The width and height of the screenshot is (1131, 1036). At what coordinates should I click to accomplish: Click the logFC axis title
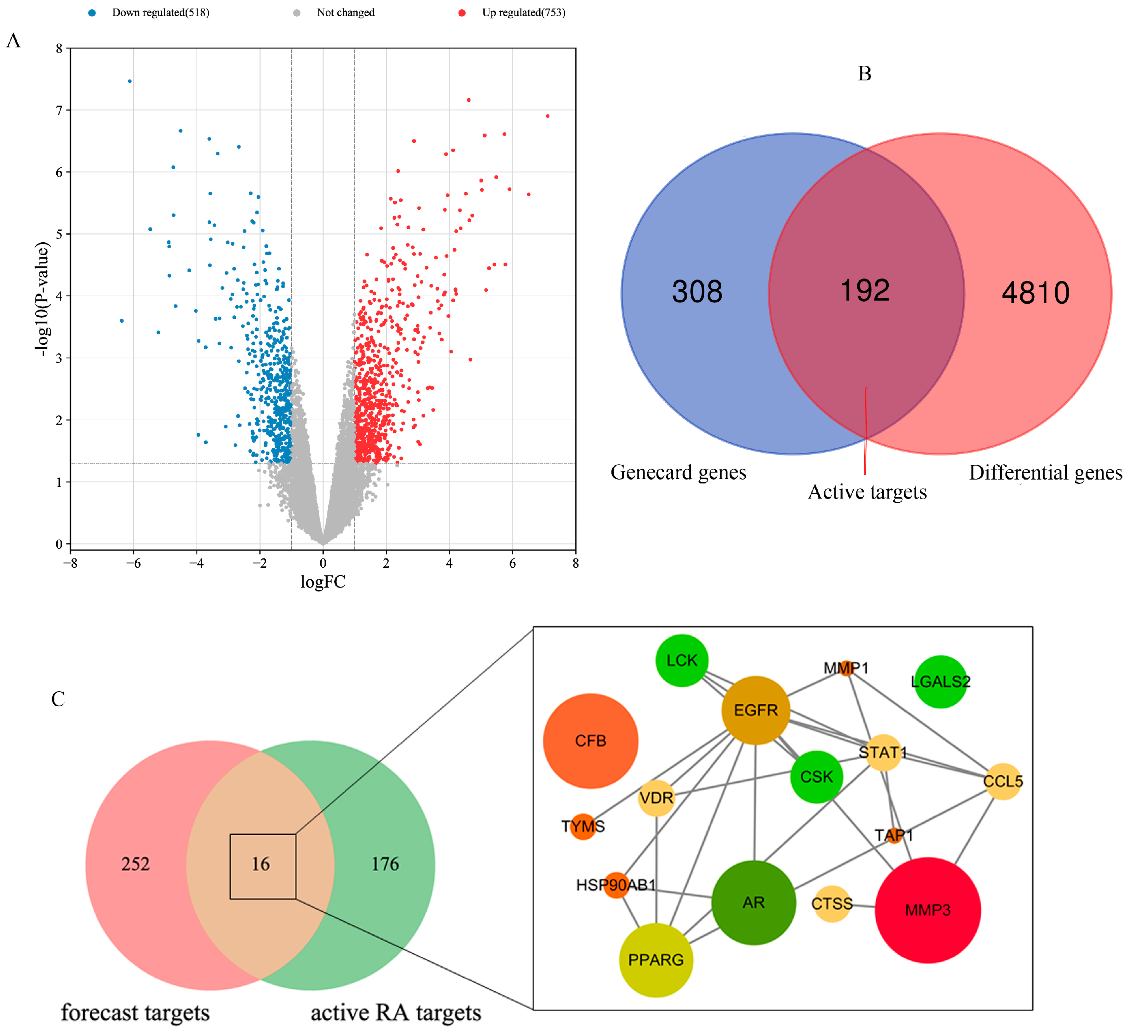pyautogui.click(x=323, y=582)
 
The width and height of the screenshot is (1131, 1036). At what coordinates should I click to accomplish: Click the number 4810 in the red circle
pyautogui.click(x=1035, y=293)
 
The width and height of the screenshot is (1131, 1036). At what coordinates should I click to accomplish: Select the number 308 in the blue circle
pyautogui.click(x=697, y=292)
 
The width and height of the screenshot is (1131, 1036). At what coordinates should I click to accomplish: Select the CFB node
pyautogui.click(x=591, y=741)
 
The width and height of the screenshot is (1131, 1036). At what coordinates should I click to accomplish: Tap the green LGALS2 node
pyautogui.click(x=941, y=682)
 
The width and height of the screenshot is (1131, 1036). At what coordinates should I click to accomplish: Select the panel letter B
pyautogui.click(x=865, y=73)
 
